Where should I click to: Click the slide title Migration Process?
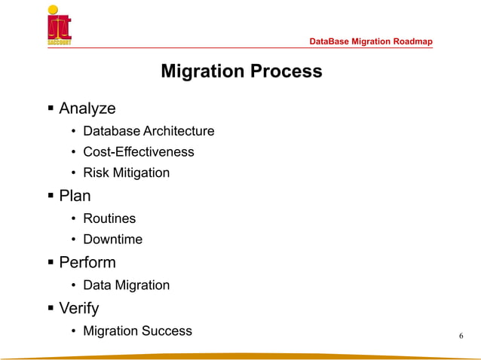241,72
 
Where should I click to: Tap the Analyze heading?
87,108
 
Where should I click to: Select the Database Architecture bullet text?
149,131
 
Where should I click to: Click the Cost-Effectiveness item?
138,152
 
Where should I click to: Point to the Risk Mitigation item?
126,173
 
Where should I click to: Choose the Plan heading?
75,196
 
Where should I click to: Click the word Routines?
109,218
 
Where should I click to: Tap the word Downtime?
112,239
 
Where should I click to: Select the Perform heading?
87,263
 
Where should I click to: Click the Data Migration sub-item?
126,285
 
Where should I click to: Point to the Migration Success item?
137,331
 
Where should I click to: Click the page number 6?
461,336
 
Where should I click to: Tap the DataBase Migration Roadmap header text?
371,41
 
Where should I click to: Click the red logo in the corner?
60,27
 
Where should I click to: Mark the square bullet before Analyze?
51,109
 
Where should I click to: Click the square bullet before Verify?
51,309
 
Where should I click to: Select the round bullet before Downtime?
73,240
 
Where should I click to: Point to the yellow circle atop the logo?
52,10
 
